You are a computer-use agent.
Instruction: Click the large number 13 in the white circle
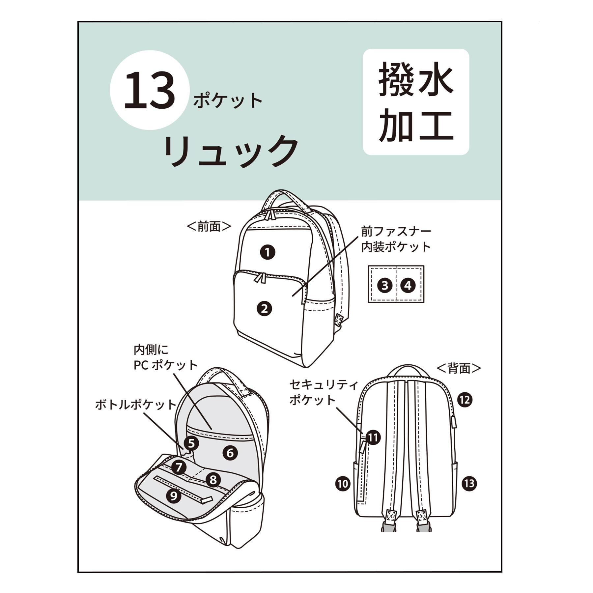coord(150,90)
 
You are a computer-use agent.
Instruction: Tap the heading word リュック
coord(231,151)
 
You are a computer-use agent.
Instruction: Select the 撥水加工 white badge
coord(416,102)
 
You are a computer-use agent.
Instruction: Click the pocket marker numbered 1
coord(268,253)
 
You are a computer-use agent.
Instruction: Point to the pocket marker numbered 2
coord(264,309)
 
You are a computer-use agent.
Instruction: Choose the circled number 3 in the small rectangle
coord(385,285)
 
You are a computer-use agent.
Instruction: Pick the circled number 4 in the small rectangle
coord(408,285)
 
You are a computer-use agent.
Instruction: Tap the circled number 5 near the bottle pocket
coord(191,443)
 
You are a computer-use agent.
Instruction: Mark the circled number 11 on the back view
coord(373,438)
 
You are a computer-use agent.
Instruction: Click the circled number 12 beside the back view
coord(465,400)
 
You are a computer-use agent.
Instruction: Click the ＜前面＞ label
coord(209,226)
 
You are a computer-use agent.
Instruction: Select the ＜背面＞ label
coord(459,368)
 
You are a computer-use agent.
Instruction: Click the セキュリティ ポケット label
coord(324,392)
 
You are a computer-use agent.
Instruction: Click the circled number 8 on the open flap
coord(213,479)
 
